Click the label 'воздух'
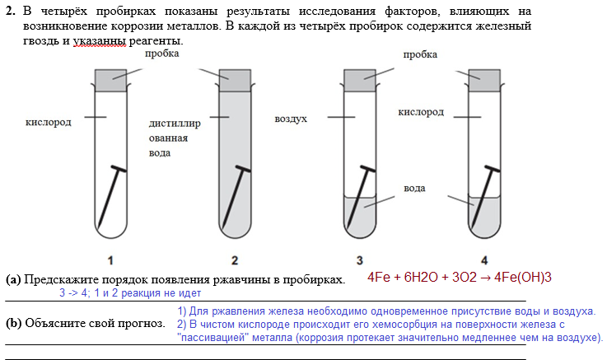click(291, 119)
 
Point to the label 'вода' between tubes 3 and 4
click(414, 189)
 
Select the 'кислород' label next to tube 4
click(422, 111)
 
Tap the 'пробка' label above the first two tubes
click(162, 54)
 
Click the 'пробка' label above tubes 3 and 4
click(420, 54)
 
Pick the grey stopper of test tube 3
click(360, 80)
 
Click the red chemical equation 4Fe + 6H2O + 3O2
click(459, 277)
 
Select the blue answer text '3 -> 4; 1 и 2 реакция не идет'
click(129, 292)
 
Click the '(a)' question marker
click(13, 279)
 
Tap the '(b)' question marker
click(13, 322)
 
